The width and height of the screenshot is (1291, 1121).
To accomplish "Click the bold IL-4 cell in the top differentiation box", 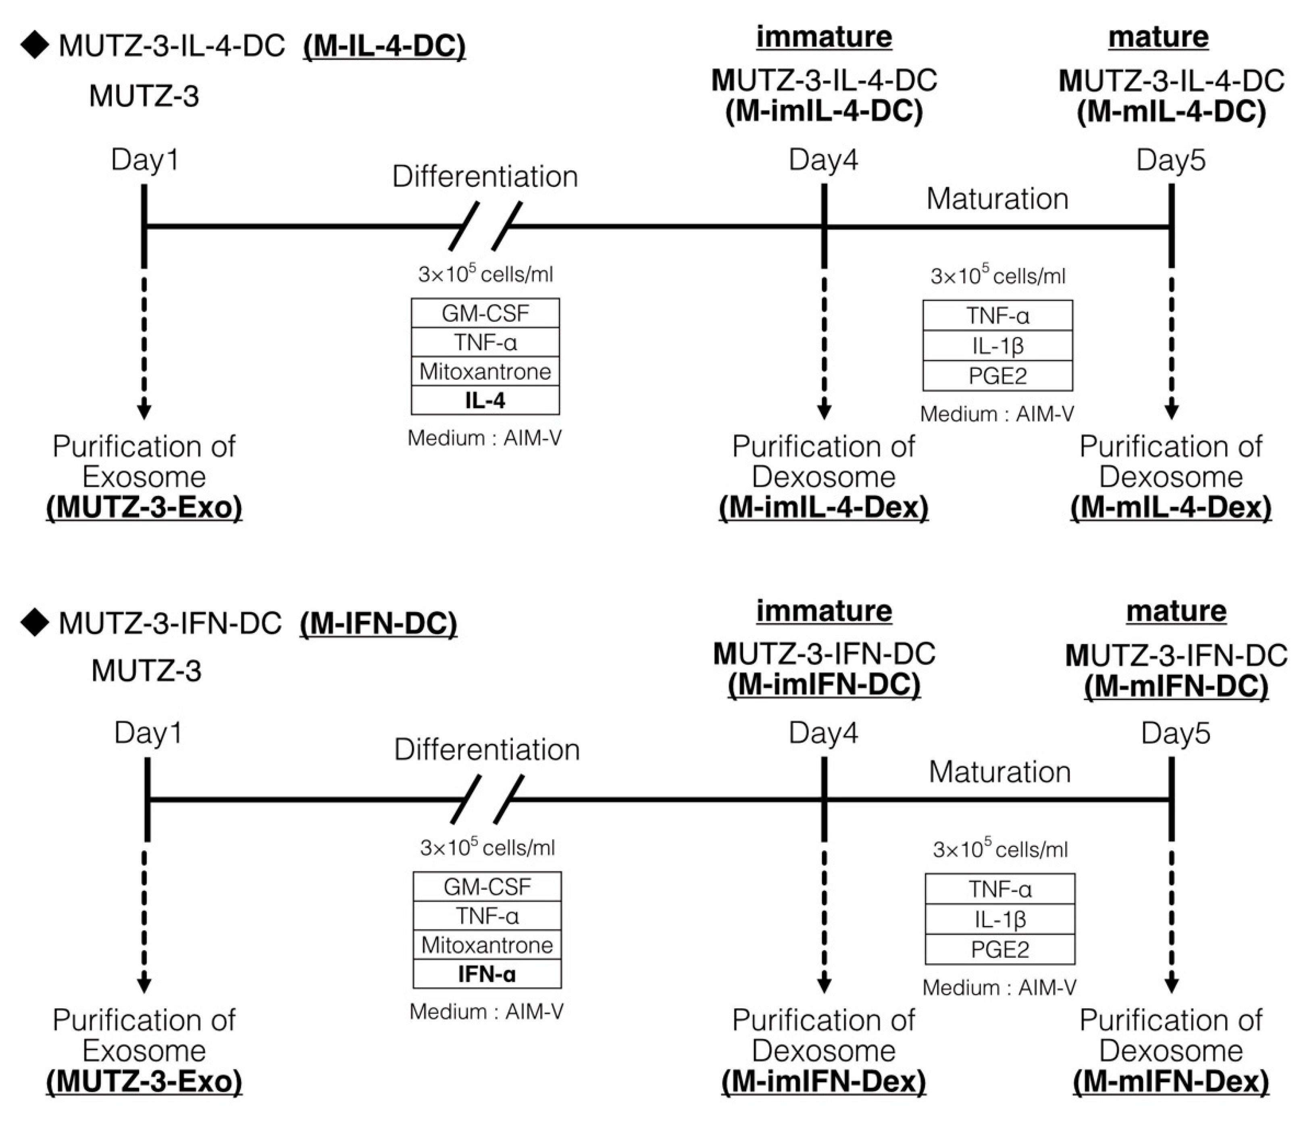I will tap(485, 401).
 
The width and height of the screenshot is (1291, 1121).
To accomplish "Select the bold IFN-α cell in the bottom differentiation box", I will tap(487, 974).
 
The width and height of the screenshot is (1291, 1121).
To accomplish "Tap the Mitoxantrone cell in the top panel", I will tap(485, 372).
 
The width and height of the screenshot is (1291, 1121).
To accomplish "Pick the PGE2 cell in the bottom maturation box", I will tap(999, 950).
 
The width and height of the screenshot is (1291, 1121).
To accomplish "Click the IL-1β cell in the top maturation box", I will tap(997, 346).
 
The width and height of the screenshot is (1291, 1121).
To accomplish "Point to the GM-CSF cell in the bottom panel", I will tap(487, 886).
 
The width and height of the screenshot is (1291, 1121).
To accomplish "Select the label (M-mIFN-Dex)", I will tap(1171, 1082).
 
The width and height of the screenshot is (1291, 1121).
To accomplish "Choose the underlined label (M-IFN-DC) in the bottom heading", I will tap(379, 623).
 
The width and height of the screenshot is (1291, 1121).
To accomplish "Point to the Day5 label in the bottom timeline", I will tap(1175, 733).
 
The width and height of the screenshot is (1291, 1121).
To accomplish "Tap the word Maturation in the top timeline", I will tap(997, 199).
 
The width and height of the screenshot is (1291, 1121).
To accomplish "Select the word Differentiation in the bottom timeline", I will tap(487, 749).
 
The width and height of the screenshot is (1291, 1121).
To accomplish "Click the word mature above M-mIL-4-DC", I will tap(1158, 37).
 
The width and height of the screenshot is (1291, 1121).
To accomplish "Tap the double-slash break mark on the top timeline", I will tap(485, 226).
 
